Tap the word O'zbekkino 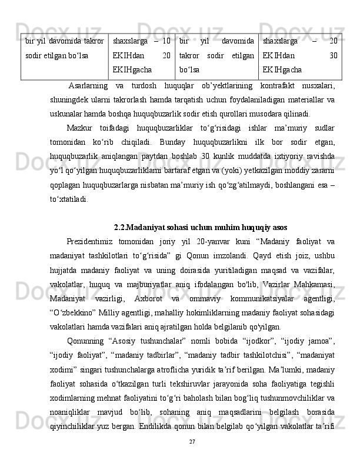tap(72, 297)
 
